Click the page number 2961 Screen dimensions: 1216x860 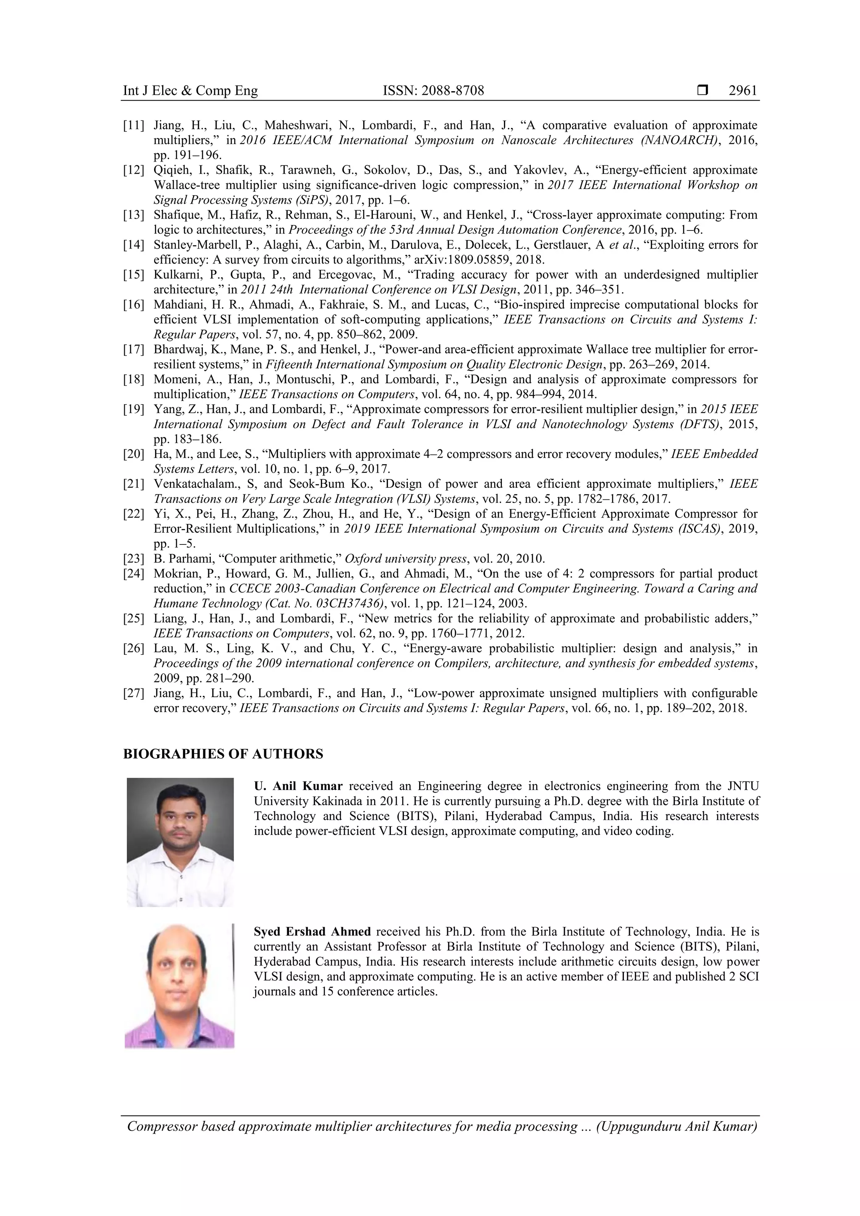742,91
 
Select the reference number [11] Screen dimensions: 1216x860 133,126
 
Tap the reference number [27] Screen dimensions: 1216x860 133,693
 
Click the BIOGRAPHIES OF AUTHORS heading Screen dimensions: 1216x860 223,754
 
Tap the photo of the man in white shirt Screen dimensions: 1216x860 180,842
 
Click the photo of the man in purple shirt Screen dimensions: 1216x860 179,986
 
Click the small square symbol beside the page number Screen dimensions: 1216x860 703,91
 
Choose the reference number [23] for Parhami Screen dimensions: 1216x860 133,559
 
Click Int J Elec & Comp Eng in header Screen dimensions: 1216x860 190,91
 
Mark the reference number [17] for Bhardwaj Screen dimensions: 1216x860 133,350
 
